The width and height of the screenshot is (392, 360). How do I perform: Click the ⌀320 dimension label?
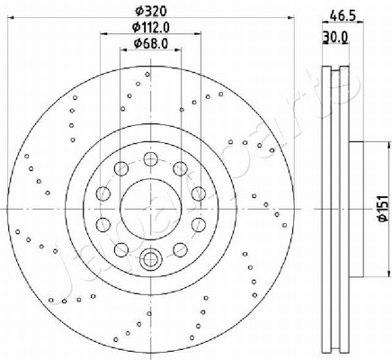click(x=150, y=12)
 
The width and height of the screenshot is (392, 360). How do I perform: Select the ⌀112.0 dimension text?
click(x=151, y=27)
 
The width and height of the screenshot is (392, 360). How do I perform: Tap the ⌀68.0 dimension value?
click(x=151, y=44)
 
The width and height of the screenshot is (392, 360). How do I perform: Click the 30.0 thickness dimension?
click(x=335, y=37)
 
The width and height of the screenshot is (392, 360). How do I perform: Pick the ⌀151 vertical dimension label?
click(x=383, y=209)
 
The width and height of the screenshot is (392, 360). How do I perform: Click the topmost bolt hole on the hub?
click(x=150, y=158)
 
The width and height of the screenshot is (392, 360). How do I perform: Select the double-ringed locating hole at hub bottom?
click(x=150, y=258)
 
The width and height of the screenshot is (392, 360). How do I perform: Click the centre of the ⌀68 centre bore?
click(x=151, y=209)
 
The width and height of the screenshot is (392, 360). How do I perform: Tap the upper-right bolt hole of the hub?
click(x=180, y=168)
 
